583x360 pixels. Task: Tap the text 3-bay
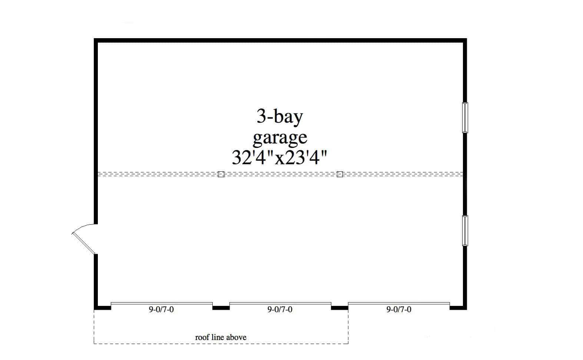[x=280, y=117]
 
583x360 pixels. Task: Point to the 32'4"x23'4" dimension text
[x=279, y=158]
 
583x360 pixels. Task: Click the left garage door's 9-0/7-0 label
[x=161, y=309]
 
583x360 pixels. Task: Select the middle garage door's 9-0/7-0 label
[x=280, y=309]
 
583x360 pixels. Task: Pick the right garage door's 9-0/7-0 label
[x=399, y=309]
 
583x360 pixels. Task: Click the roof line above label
[x=221, y=337]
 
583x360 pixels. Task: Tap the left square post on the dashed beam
[x=221, y=174]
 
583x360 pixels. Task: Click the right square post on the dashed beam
[x=339, y=174]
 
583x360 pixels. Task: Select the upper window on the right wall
[x=465, y=118]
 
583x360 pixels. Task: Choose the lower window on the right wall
[x=465, y=231]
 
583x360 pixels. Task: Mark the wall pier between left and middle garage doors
[x=221, y=308]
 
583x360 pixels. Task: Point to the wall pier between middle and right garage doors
[x=339, y=308]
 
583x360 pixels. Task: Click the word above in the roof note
[x=236, y=337]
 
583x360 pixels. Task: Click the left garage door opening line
[x=162, y=303]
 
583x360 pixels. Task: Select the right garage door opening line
[x=399, y=303]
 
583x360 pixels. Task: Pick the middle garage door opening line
[x=280, y=303]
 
